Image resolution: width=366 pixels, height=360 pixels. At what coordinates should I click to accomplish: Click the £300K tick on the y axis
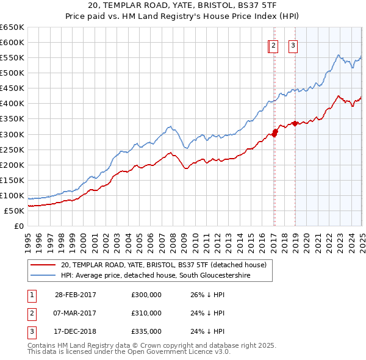point(13,134)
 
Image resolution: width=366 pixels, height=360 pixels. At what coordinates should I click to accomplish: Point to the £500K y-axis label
point(13,73)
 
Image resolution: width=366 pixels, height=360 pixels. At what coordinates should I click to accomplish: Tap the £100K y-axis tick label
point(13,196)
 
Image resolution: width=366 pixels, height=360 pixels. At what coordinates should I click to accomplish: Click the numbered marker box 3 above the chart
point(293,45)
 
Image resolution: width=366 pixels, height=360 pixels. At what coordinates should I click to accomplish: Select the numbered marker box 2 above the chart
point(273,45)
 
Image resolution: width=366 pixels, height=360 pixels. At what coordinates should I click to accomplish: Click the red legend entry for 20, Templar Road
point(163,265)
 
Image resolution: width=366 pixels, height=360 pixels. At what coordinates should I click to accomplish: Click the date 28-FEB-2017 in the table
point(75,295)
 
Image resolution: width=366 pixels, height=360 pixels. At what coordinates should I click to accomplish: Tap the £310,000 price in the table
point(146,313)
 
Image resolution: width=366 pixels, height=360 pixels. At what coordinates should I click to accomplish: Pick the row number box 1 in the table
point(29,295)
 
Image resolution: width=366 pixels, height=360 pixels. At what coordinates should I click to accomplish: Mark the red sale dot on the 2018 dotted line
point(295,123)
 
